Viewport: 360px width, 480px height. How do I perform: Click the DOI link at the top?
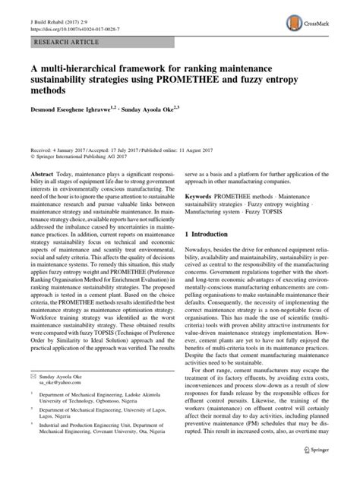click(x=69, y=27)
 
